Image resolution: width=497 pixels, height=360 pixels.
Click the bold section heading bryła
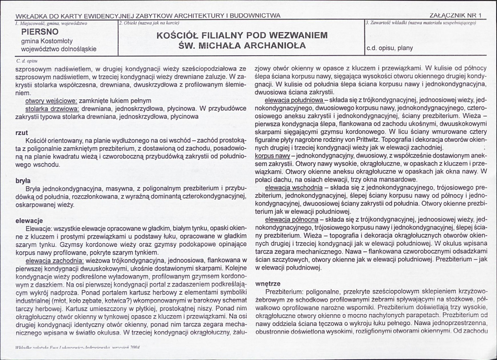pyautogui.click(x=22, y=181)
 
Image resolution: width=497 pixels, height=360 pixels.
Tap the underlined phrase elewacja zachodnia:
pyautogui.click(x=55, y=261)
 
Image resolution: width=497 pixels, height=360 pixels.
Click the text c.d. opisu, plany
pyautogui.click(x=389, y=48)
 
